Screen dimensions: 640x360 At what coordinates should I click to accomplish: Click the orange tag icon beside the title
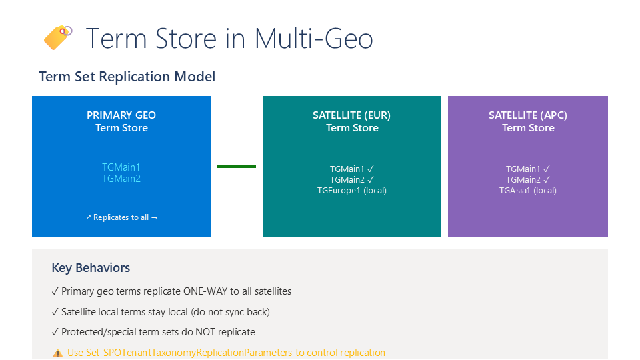point(57,37)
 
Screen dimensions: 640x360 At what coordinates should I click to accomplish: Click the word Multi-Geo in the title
point(313,39)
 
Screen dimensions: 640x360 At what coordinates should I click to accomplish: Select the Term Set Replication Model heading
point(127,77)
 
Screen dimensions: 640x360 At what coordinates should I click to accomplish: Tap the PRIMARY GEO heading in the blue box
point(121,115)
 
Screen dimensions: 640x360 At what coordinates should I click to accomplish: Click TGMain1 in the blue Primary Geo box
point(121,167)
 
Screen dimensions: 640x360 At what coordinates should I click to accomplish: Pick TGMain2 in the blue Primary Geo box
point(121,179)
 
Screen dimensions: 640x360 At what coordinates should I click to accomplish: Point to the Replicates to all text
point(121,217)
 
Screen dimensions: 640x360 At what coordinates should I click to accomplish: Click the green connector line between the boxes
point(237,167)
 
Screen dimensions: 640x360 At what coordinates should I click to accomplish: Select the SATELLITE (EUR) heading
point(351,115)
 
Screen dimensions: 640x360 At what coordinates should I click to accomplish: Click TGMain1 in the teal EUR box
point(347,169)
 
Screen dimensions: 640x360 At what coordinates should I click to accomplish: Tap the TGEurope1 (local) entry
point(352,191)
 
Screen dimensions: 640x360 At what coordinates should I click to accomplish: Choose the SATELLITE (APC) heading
point(528,115)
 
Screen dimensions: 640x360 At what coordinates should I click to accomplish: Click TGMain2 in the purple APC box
point(523,179)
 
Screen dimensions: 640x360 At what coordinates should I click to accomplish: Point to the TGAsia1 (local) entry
point(528,191)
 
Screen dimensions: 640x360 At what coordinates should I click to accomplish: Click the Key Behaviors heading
point(91,268)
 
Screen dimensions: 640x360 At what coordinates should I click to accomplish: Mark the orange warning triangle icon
point(58,353)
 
